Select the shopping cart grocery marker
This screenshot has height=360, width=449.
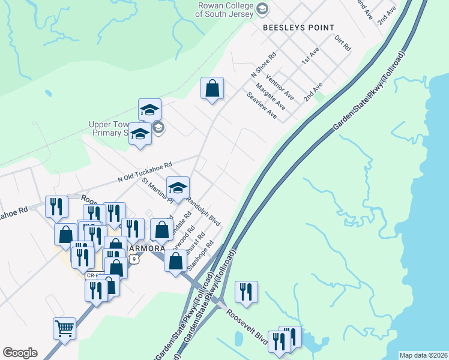64,328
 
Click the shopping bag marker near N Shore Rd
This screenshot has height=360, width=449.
212,88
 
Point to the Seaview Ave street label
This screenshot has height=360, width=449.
262,105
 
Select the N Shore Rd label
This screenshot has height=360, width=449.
263,63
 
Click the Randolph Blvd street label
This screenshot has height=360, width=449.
204,211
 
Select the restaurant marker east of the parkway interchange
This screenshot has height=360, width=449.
246,292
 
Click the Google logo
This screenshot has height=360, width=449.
20,353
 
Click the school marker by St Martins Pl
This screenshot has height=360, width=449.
178,188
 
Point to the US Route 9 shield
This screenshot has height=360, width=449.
135,259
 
